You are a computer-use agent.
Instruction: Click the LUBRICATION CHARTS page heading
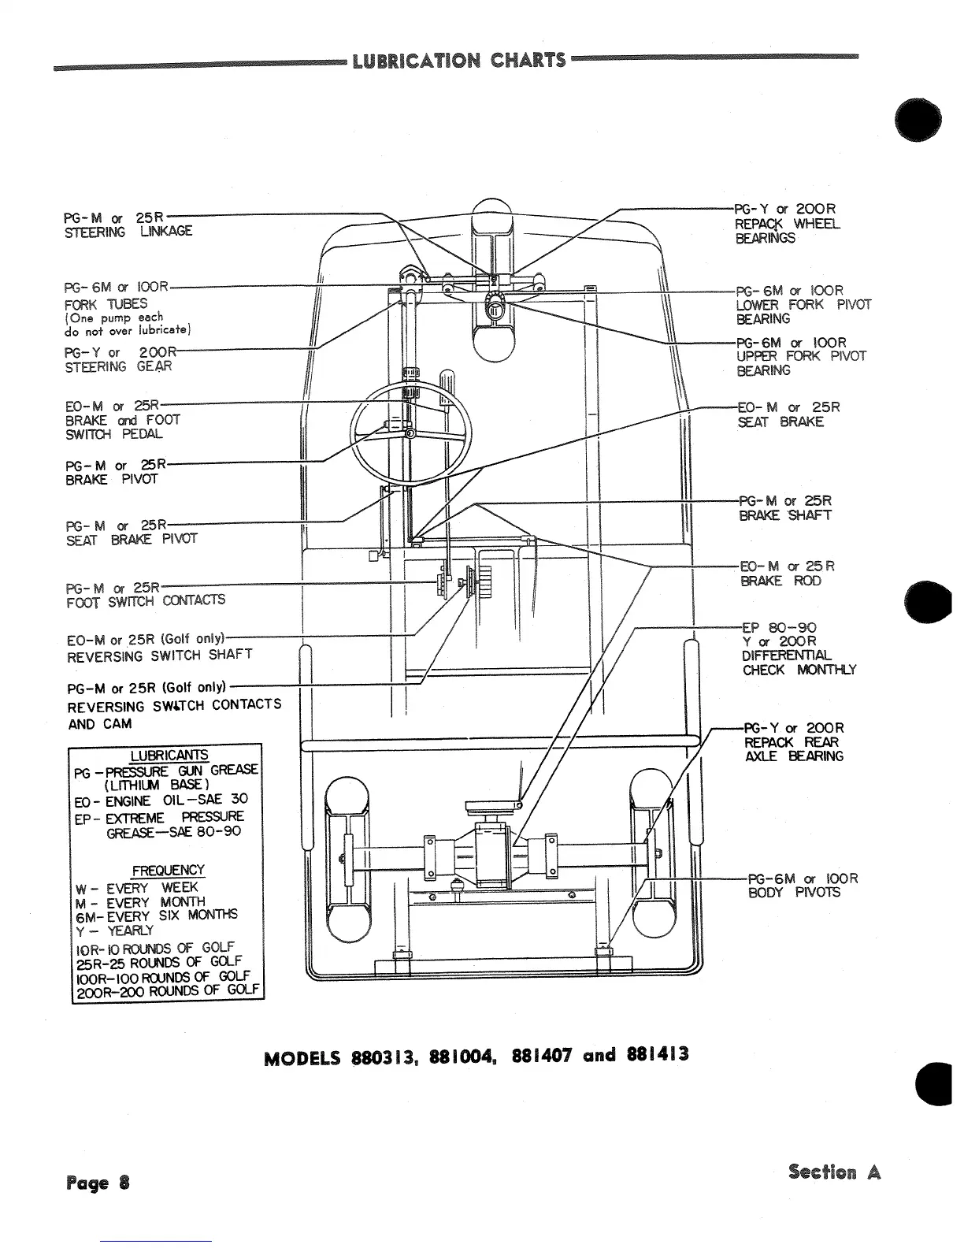tap(459, 60)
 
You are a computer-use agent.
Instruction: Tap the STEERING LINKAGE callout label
tap(128, 232)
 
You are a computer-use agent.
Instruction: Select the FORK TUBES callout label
tap(106, 303)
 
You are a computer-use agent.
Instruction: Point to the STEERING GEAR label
tap(119, 366)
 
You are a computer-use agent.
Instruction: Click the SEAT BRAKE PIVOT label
tap(132, 540)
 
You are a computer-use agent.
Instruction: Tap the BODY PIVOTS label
tap(794, 893)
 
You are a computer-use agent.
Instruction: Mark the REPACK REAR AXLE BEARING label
tap(793, 749)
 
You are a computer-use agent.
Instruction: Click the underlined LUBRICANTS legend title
tap(169, 755)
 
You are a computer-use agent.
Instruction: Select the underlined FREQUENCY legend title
tap(168, 871)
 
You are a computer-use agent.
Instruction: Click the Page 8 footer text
tap(98, 1183)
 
